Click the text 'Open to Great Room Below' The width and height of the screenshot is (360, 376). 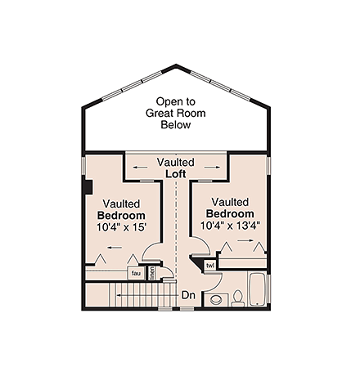pos(176,113)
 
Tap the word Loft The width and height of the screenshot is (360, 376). pos(177,174)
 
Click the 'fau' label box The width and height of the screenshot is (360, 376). pos(135,273)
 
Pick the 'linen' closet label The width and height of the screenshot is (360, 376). pos(152,272)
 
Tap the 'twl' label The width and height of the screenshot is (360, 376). pos(209,266)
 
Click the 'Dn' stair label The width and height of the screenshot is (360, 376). pos(187,294)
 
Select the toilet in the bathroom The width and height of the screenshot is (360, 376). pos(238,297)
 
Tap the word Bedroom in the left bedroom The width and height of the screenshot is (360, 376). pos(121,215)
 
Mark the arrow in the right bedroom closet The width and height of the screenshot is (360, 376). pos(245,244)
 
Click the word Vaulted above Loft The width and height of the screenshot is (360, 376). pos(177,163)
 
